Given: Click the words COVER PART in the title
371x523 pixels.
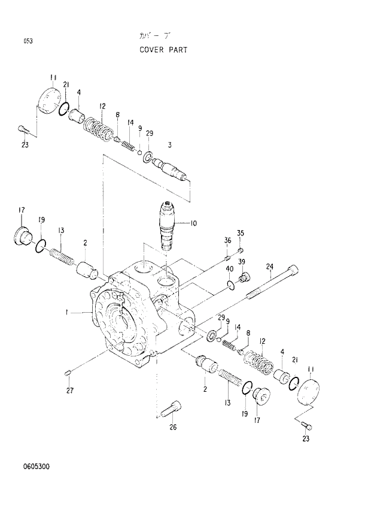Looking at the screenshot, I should tap(163, 50).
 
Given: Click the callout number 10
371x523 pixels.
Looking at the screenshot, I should tap(193, 223).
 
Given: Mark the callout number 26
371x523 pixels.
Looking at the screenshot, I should tap(173, 427).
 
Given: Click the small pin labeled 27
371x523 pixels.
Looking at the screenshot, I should tap(69, 374).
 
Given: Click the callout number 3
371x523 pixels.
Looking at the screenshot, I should tap(170, 145).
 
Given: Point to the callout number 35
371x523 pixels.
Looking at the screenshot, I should tap(240, 233).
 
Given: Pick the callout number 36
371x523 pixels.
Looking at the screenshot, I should tap(227, 240).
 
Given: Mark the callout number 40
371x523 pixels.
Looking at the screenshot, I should tap(229, 269).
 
